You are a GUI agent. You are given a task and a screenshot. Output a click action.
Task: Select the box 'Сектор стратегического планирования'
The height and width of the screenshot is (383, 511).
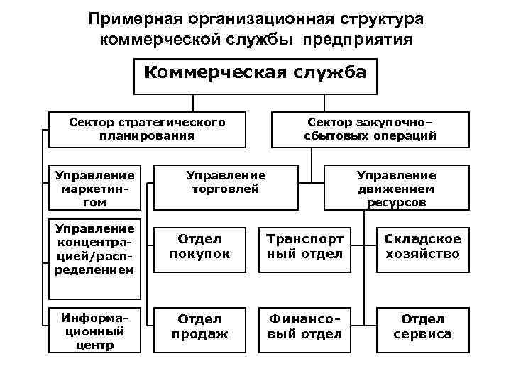[x=147, y=128]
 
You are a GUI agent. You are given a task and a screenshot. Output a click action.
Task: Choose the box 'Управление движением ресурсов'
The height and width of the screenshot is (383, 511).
[x=396, y=188]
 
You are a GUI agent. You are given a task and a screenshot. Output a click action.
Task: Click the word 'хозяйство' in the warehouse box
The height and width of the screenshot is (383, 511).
[x=422, y=254]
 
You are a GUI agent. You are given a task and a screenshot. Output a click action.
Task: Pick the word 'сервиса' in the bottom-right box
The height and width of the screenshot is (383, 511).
[x=422, y=334]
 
